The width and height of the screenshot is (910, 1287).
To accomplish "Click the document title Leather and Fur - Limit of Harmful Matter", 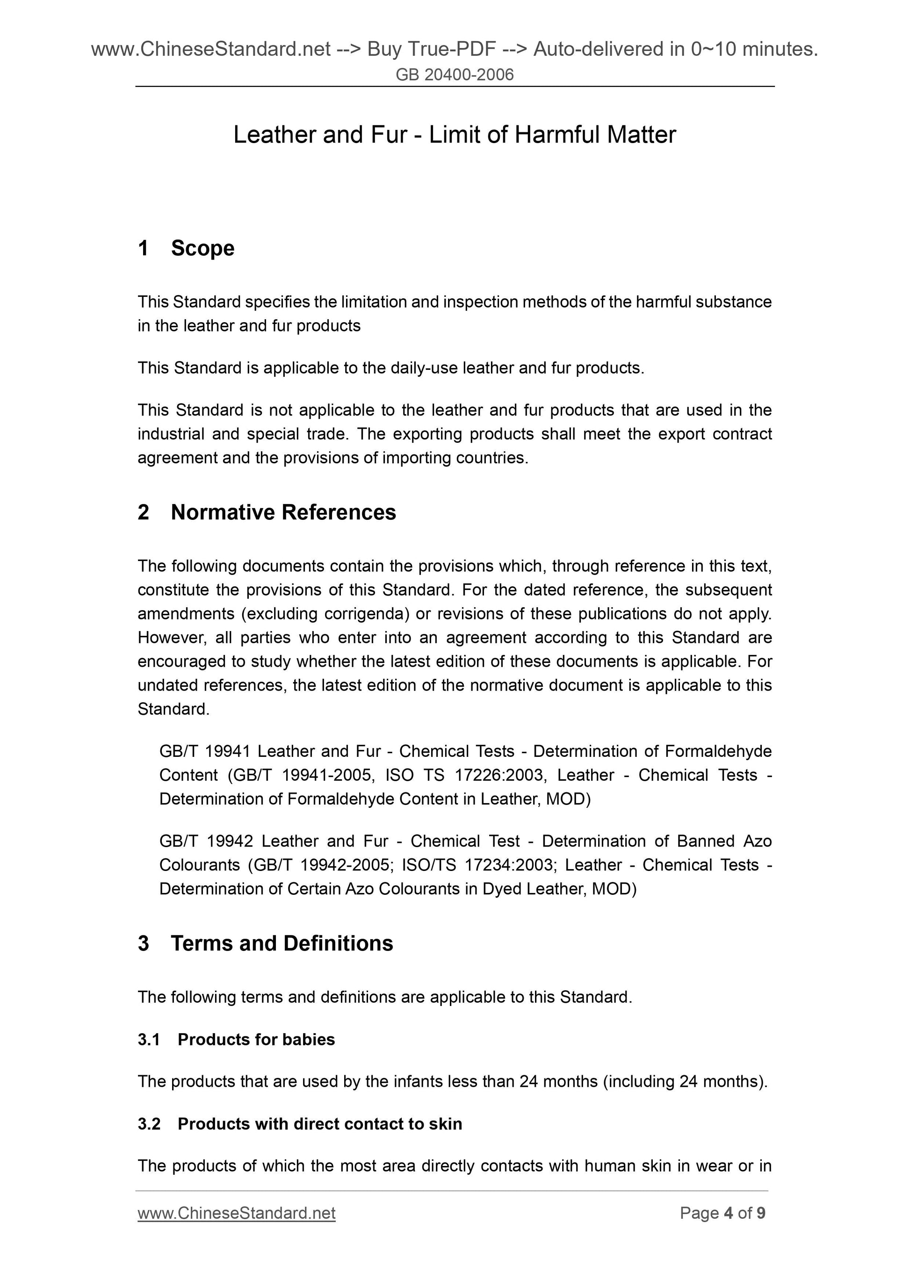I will tap(454, 135).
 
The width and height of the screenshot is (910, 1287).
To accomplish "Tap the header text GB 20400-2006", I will tap(454, 75).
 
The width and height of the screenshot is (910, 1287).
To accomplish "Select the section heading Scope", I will tap(202, 248).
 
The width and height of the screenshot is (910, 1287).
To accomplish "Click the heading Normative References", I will tap(283, 512).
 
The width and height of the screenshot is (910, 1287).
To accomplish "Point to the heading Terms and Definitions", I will tap(282, 943).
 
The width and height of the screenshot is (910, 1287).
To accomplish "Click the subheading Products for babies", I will tap(256, 1040).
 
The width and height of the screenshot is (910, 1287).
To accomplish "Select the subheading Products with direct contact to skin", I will tap(319, 1124).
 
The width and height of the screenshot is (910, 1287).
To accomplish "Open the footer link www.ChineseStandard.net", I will tap(236, 1214).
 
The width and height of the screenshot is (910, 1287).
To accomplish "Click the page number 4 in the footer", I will tap(729, 1214).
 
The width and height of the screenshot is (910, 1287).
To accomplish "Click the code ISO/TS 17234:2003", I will tap(477, 865).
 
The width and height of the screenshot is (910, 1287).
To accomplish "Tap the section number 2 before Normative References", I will tap(144, 512).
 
